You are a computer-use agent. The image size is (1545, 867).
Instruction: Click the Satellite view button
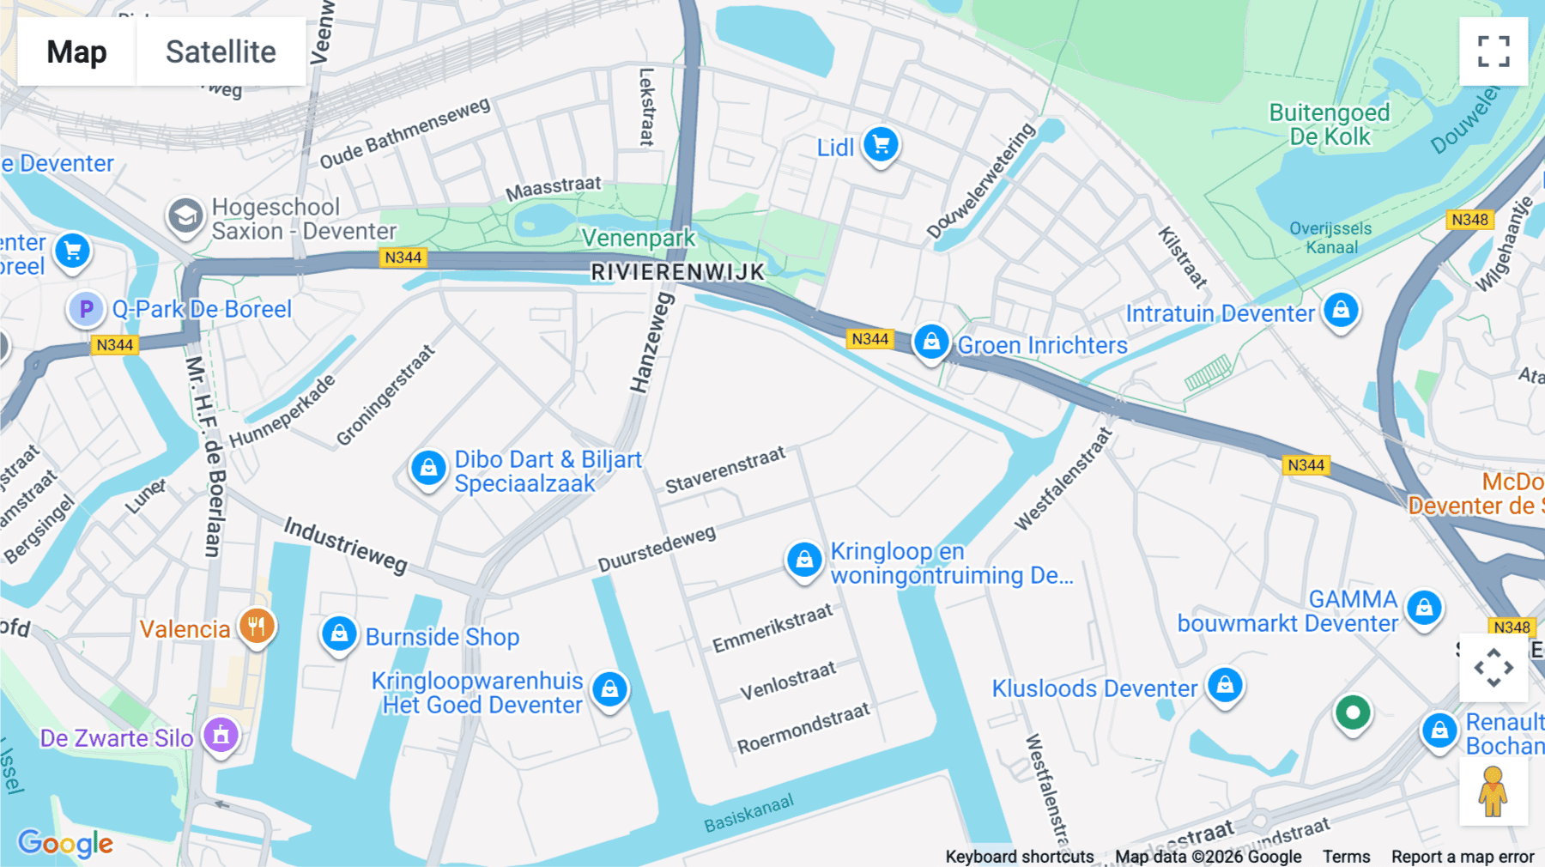(221, 52)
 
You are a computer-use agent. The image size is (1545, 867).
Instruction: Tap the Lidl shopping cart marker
(881, 144)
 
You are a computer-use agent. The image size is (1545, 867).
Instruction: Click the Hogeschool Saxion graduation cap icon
(185, 216)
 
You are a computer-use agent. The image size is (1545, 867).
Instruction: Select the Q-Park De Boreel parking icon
(86, 309)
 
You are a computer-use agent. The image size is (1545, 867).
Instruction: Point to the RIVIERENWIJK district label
(677, 272)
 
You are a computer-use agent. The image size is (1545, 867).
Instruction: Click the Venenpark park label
(638, 238)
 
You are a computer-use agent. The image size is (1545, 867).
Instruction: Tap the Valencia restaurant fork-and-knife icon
(256, 627)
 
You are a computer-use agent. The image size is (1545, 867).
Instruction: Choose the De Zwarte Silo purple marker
(221, 735)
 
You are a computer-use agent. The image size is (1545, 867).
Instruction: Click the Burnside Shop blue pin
(339, 635)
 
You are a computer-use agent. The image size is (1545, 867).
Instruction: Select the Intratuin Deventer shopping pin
(1341, 310)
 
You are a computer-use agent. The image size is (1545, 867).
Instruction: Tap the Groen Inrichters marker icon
(930, 343)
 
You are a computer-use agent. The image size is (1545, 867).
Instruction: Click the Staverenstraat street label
(725, 469)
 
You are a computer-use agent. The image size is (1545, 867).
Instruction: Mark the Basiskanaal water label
(748, 813)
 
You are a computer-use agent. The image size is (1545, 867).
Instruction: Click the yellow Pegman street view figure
(1493, 791)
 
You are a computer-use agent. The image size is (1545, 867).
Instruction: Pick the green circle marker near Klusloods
(1353, 712)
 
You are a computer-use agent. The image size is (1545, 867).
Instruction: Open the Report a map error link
(1463, 857)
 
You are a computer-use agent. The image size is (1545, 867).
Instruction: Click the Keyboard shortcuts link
(1019, 857)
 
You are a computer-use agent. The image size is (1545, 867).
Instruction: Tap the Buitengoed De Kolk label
(1329, 124)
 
